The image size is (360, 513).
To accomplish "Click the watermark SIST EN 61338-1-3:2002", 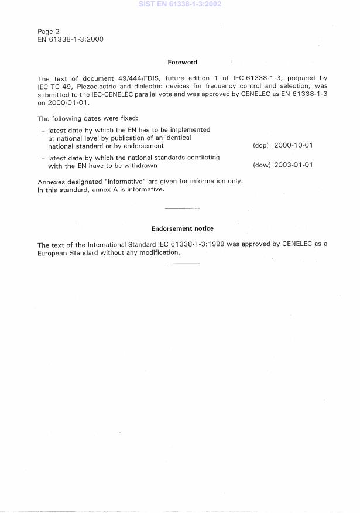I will pos(180,4).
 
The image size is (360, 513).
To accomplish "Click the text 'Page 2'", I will pos(49,31).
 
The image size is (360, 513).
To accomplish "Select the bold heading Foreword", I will pos(182,62).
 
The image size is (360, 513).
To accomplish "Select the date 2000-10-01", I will pos(293,146).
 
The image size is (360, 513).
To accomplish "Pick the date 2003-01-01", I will pos(293,165).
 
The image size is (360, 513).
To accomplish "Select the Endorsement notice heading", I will pos(182,228).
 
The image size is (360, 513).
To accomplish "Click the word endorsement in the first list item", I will pos(143,146).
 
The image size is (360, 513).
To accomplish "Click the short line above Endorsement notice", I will pos(182,208).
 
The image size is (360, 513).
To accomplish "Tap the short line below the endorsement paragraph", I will pos(182,264).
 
